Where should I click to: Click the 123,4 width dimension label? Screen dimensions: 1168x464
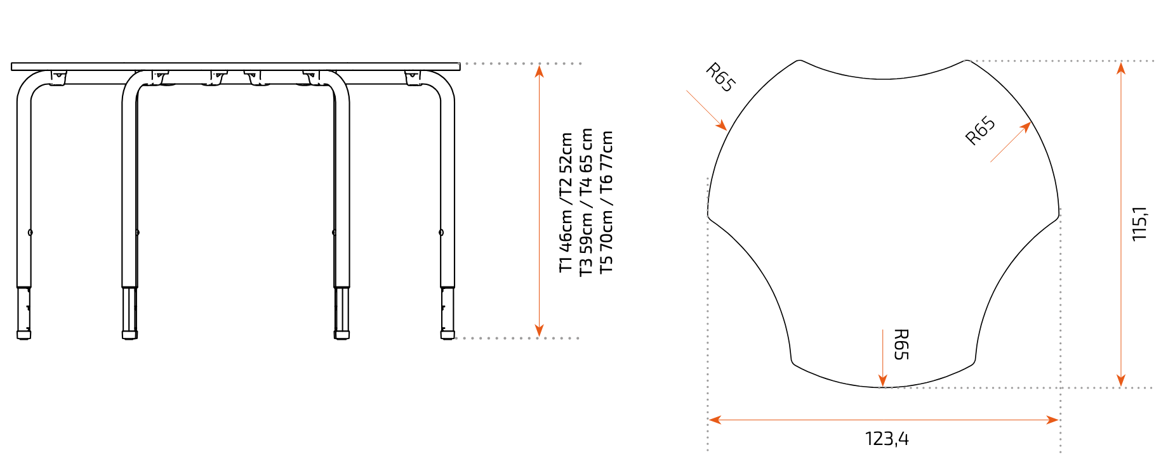pyautogui.click(x=887, y=439)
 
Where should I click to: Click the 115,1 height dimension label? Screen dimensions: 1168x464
pyautogui.click(x=1139, y=223)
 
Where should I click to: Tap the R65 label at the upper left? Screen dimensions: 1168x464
pyautogui.click(x=721, y=77)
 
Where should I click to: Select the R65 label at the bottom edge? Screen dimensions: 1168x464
pyautogui.click(x=901, y=344)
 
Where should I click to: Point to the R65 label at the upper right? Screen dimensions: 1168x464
pyautogui.click(x=980, y=131)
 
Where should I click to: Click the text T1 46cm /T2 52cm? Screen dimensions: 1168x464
pyautogui.click(x=566, y=202)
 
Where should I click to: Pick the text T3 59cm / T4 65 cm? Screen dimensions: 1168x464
pyautogui.click(x=586, y=202)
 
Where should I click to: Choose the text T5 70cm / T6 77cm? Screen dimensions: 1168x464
pyautogui.click(x=606, y=202)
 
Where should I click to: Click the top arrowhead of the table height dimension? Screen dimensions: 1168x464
pyautogui.click(x=539, y=70)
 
